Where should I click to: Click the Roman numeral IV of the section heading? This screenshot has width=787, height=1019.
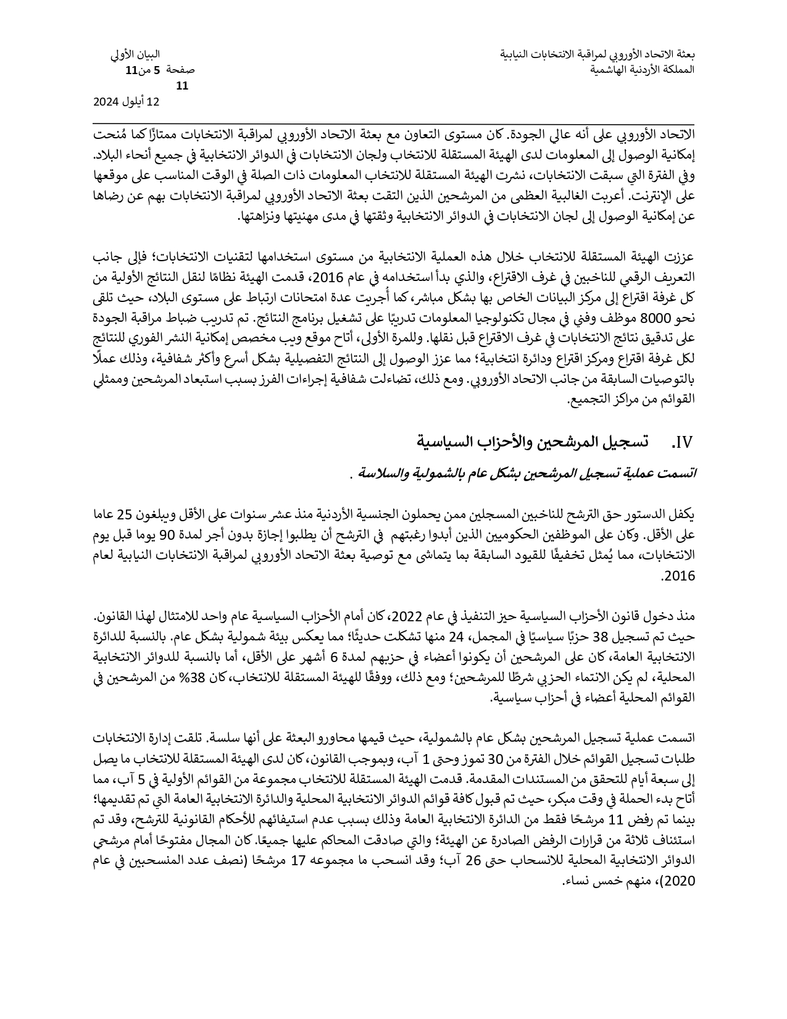[x=683, y=442]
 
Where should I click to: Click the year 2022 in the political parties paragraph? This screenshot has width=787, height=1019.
[x=408, y=616]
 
